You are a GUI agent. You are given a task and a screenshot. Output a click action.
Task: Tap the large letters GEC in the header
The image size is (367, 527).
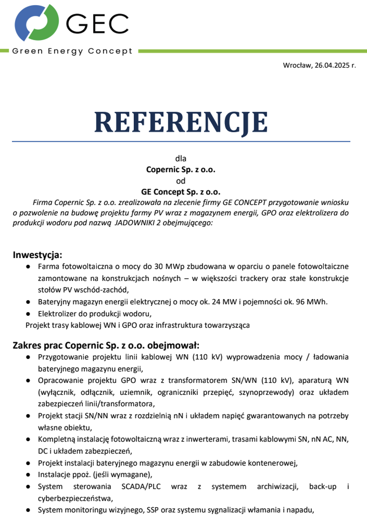pyautogui.click(x=97, y=22)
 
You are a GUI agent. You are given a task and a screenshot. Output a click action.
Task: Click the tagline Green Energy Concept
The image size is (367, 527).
pyautogui.click(x=72, y=52)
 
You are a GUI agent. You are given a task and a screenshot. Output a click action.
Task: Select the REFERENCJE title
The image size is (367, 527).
pyautogui.click(x=181, y=122)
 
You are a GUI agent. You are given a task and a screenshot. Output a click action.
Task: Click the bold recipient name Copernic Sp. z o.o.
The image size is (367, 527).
pyautogui.click(x=181, y=169)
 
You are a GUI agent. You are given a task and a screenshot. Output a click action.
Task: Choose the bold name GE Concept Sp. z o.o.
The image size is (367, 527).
pyautogui.click(x=181, y=191)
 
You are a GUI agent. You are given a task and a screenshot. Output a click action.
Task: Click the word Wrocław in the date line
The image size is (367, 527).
pyautogui.click(x=297, y=66)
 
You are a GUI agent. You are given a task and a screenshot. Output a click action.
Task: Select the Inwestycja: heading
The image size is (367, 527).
pyautogui.click(x=37, y=255)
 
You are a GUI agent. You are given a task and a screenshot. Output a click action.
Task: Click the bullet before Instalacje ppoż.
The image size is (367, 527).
pyautogui.click(x=28, y=475)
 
